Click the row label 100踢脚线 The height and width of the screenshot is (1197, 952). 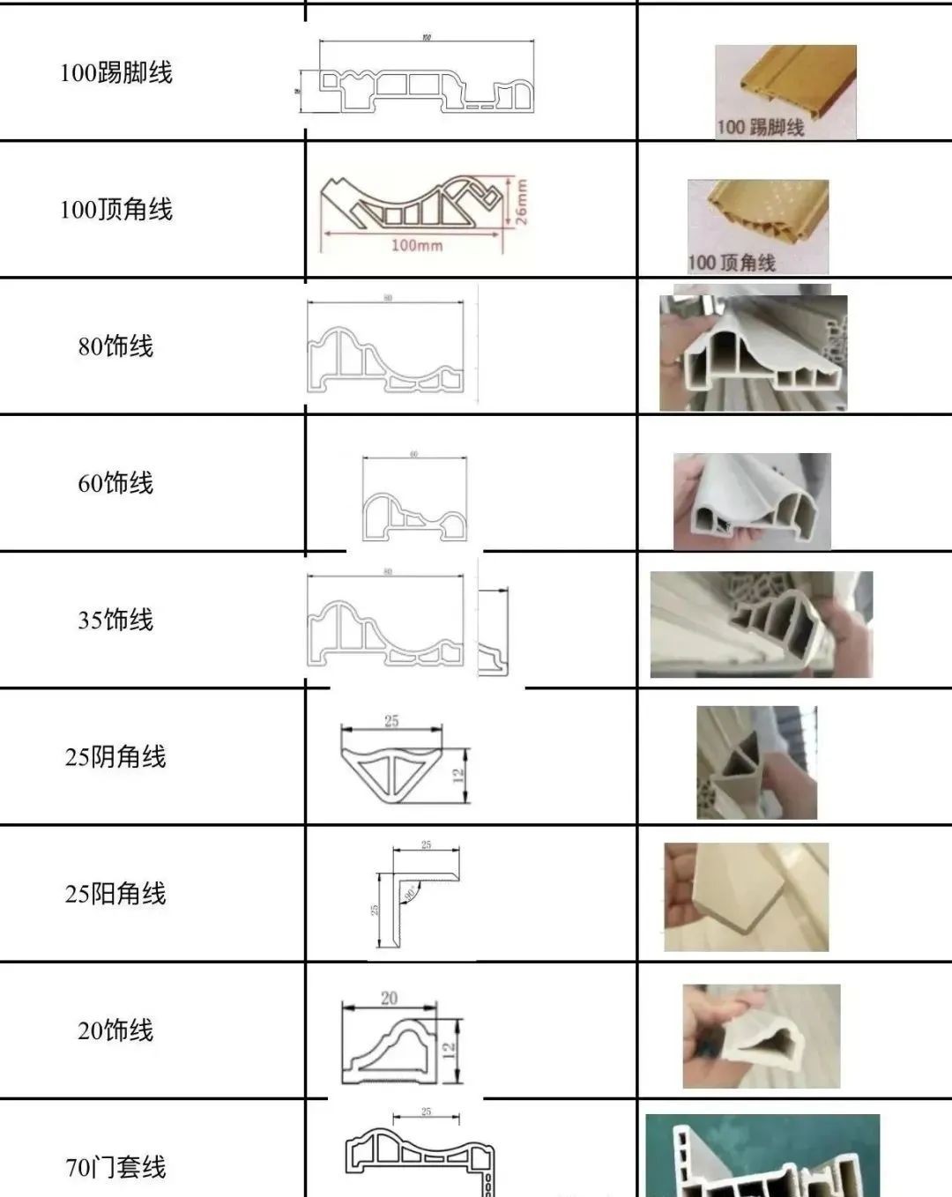point(115,72)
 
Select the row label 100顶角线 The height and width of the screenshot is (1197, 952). point(115,210)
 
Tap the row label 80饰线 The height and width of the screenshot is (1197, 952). point(115,346)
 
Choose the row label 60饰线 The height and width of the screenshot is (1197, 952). point(115,483)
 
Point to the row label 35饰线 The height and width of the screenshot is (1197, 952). point(115,620)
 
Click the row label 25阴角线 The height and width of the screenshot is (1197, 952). point(115,756)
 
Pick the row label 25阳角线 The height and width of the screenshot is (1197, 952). point(115,894)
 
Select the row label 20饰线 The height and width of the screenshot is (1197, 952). point(115,1030)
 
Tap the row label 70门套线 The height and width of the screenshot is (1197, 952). point(115,1168)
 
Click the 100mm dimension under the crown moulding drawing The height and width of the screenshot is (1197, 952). point(416,245)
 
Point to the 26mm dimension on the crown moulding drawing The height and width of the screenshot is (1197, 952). point(521,203)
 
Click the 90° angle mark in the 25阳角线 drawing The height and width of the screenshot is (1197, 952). point(409,893)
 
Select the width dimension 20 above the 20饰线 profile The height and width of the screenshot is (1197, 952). point(389,998)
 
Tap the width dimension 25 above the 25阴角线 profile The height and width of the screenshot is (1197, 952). point(391,721)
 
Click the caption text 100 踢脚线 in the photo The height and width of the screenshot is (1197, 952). point(760,128)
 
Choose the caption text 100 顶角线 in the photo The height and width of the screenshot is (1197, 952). point(731,263)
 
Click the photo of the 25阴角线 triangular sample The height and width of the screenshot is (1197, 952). point(756,762)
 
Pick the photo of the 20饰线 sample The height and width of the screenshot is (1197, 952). point(761,1037)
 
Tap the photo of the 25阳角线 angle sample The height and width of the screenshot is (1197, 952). point(746,897)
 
